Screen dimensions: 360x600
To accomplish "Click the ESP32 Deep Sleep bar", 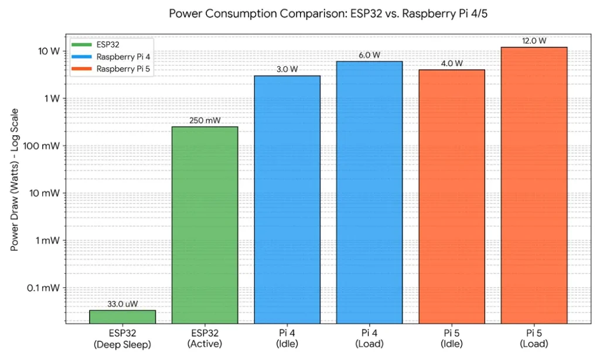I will [x=122, y=317].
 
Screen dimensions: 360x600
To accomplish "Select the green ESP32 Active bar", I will [x=204, y=226].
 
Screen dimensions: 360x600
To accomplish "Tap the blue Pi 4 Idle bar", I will [x=287, y=199].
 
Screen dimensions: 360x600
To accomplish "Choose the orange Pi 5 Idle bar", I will [x=451, y=196].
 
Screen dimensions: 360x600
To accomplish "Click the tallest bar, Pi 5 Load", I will [x=534, y=185].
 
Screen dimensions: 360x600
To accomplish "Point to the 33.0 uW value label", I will [x=122, y=304].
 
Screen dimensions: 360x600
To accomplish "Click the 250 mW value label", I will [x=204, y=121].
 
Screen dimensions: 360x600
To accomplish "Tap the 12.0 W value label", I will [x=534, y=41].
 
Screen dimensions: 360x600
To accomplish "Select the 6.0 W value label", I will [x=369, y=55].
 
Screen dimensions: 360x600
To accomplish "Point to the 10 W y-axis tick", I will [x=48, y=51].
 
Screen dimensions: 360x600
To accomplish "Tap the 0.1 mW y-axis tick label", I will [x=43, y=288].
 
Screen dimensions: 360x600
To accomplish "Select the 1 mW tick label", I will [x=47, y=240].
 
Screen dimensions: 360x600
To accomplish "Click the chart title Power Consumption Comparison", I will [x=328, y=13].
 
